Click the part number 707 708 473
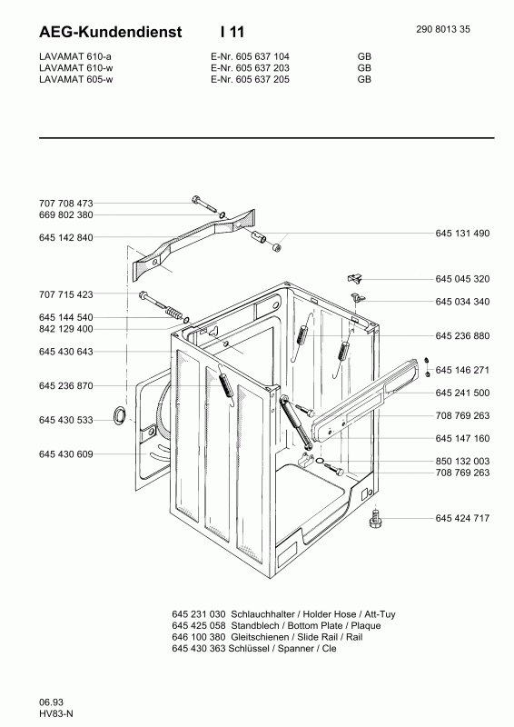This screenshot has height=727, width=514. (x=66, y=204)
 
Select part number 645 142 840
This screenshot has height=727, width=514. (x=66, y=237)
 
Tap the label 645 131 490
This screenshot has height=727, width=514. (x=462, y=234)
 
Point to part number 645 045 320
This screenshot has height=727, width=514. (x=462, y=279)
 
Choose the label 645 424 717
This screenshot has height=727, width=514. (x=462, y=518)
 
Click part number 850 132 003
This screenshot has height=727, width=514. (x=462, y=461)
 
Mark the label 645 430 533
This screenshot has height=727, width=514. (x=66, y=420)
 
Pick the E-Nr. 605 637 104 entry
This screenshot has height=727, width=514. (x=238, y=56)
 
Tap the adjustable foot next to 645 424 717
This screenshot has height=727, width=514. (x=374, y=519)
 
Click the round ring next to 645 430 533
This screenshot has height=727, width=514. (x=120, y=417)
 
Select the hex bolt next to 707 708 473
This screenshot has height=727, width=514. (x=202, y=201)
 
